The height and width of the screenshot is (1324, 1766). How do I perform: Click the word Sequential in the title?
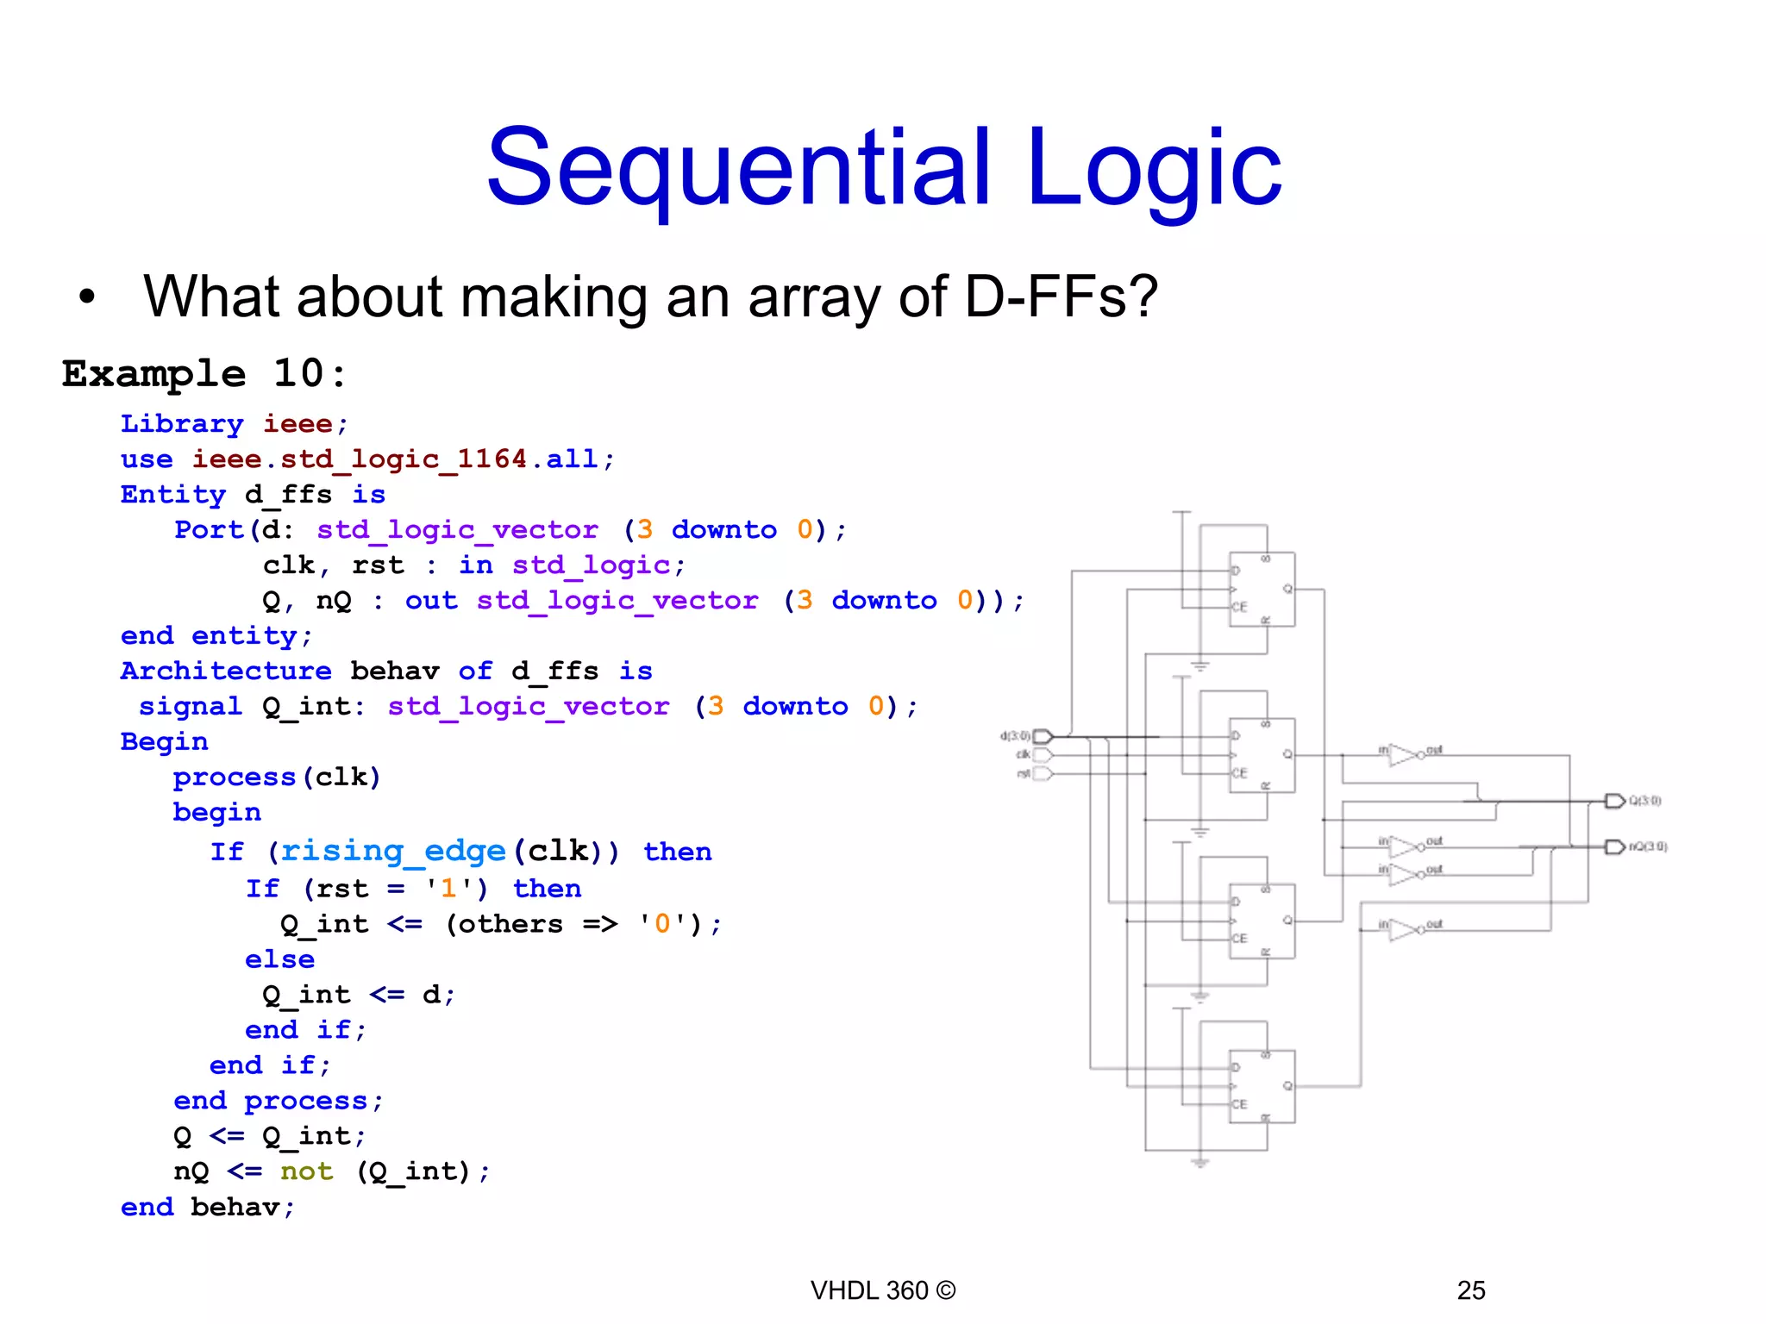[x=738, y=168]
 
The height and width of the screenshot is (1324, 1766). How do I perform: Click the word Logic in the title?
[x=1154, y=168]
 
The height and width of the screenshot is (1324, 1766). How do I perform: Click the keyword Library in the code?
[x=182, y=424]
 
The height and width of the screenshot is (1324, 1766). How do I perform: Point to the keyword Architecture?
[x=225, y=671]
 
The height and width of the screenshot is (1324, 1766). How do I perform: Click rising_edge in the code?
[x=393, y=852]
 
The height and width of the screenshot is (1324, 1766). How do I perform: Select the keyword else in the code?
[x=279, y=959]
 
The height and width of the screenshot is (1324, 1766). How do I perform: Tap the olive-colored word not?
[x=306, y=1171]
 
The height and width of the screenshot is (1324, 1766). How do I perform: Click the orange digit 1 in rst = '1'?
[x=448, y=889]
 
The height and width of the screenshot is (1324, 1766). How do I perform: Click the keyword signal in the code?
[x=190, y=707]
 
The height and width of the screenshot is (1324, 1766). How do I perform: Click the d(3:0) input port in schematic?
[x=1043, y=736]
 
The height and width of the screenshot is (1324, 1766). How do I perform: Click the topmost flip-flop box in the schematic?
[x=1262, y=590]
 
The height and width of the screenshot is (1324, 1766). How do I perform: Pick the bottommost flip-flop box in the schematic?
[x=1262, y=1086]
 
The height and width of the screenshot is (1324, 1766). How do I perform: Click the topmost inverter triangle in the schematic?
[x=1403, y=755]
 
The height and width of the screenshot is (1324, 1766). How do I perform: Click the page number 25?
[x=1471, y=1290]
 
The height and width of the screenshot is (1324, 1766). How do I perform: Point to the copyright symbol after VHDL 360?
[x=945, y=1290]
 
